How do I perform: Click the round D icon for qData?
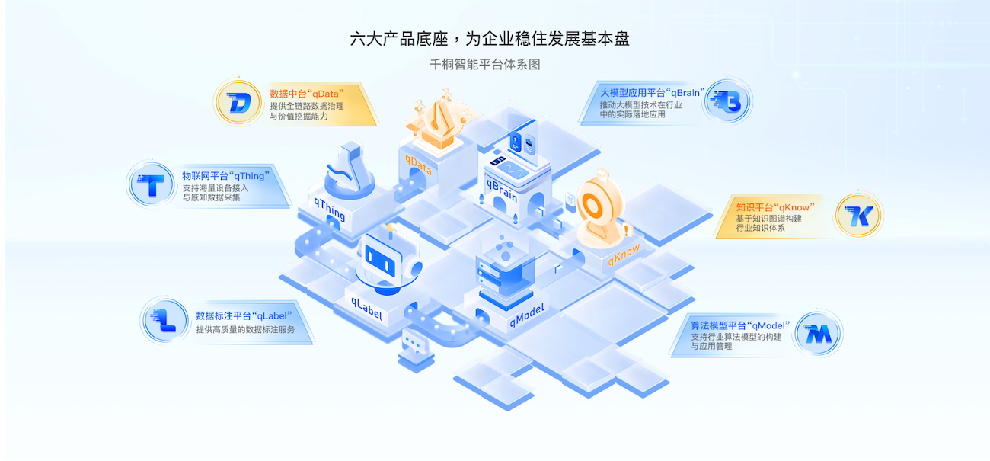click(x=238, y=102)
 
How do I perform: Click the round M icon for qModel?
click(x=818, y=334)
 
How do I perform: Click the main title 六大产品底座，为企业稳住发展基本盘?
click(x=490, y=39)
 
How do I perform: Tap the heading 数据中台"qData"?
click(x=312, y=94)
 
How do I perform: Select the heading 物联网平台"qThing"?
click(x=226, y=175)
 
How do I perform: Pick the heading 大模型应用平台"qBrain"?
click(x=651, y=93)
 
